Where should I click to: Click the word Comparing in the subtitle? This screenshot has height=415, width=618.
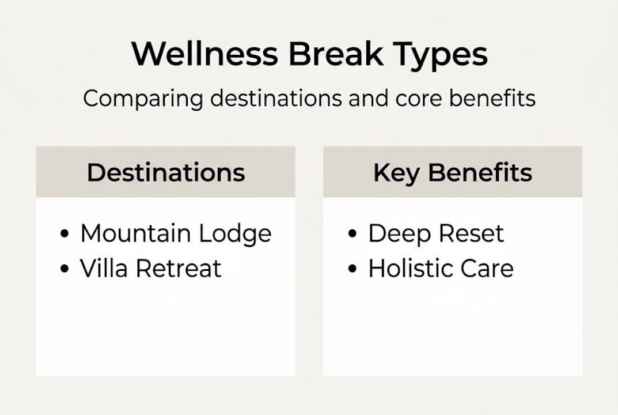point(143,99)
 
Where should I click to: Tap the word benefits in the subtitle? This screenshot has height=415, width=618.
point(492,98)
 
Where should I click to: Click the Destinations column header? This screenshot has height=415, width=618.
point(166,172)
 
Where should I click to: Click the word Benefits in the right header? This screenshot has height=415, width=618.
point(479,172)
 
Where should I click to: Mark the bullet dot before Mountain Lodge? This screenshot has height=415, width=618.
point(65,235)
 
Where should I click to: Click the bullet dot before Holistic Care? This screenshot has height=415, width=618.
point(352,269)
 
